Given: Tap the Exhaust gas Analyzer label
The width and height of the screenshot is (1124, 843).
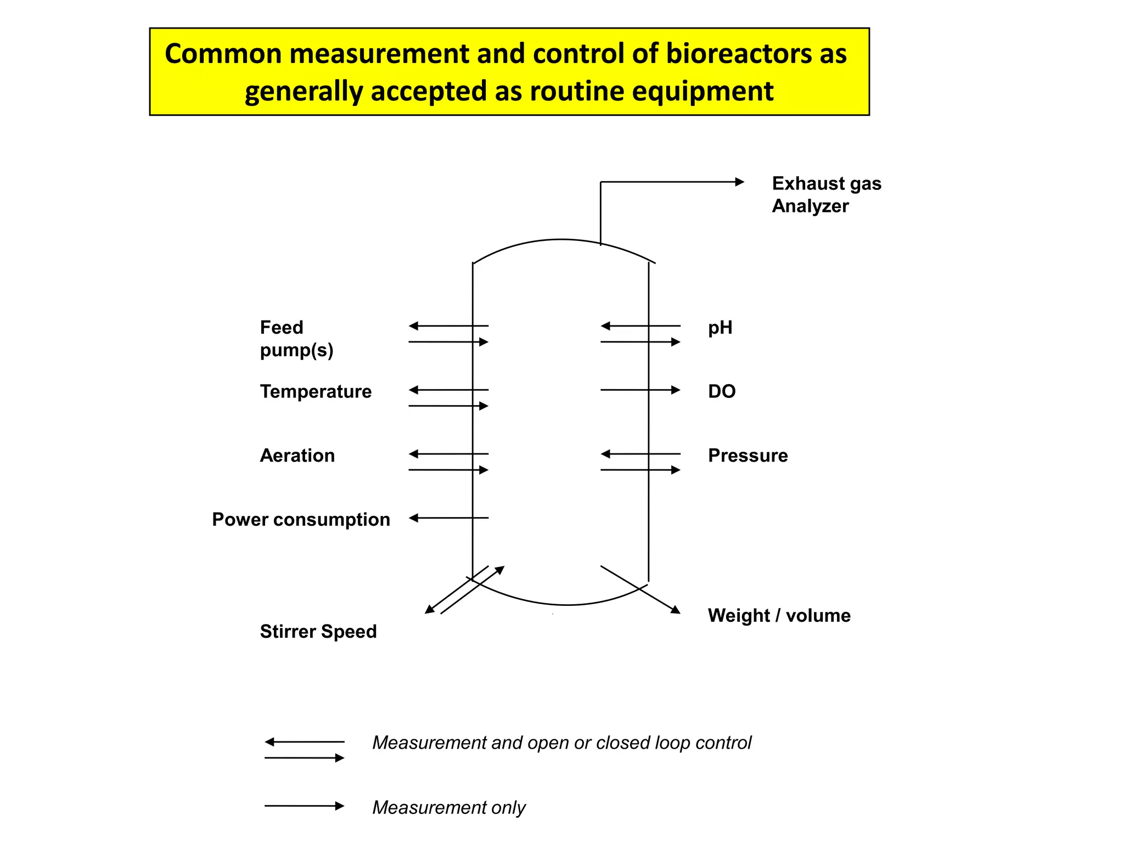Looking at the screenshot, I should click(826, 194).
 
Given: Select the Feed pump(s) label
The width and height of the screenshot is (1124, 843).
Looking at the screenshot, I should click(296, 339).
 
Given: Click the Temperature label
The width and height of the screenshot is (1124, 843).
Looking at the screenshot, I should click(316, 391).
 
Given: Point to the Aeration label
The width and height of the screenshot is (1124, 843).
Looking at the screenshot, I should click(297, 456).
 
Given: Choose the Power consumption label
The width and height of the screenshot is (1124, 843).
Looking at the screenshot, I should click(301, 519).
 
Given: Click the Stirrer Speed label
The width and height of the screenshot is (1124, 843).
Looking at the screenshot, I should click(318, 631).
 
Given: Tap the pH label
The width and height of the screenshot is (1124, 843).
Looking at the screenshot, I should click(720, 328).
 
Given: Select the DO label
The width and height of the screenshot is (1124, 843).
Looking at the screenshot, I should click(722, 391).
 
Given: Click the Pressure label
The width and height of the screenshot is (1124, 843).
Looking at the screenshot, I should click(748, 456).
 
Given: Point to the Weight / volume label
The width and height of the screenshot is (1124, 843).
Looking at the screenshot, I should click(779, 615).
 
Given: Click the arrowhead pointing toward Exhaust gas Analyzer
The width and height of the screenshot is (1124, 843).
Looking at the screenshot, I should click(739, 182).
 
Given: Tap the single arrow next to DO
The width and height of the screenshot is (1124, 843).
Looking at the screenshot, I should click(640, 390).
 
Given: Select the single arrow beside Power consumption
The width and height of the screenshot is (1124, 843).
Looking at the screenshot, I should click(448, 518).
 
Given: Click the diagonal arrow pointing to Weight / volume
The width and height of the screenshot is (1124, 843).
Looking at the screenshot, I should click(640, 589).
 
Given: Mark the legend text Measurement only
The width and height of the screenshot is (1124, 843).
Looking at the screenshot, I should click(448, 807).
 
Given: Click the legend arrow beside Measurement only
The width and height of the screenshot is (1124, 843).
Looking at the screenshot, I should click(304, 806).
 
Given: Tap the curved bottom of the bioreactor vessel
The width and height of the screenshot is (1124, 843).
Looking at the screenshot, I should click(565, 604).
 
